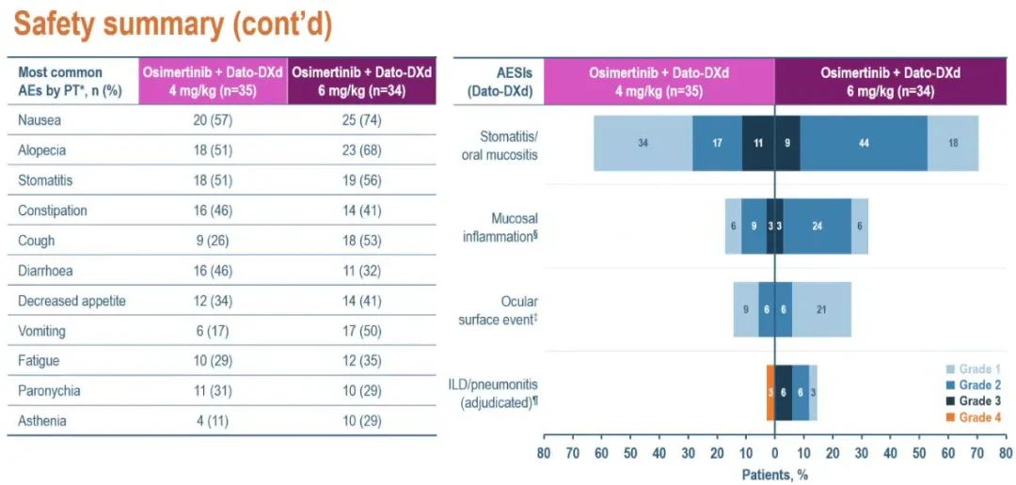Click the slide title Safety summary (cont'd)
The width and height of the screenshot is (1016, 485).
pyautogui.click(x=172, y=25)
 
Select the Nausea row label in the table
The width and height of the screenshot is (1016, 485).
pyautogui.click(x=40, y=119)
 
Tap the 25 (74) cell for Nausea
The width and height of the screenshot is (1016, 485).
pyautogui.click(x=362, y=119)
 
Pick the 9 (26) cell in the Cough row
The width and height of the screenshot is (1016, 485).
pyautogui.click(x=214, y=241)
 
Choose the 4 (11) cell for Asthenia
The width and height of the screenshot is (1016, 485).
pyautogui.click(x=214, y=421)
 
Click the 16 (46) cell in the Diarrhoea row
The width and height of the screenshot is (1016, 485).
pyautogui.click(x=214, y=271)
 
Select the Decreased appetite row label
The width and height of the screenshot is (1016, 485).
pyautogui.click(x=71, y=301)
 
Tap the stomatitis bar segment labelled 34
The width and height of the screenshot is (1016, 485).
pyautogui.click(x=643, y=144)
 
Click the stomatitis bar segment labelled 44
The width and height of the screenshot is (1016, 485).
pyautogui.click(x=864, y=144)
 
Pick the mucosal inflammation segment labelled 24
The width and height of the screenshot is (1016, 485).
pyautogui.click(x=817, y=227)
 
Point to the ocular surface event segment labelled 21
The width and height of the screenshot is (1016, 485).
pyautogui.click(x=821, y=309)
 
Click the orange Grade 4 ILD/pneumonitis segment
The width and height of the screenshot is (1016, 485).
pyautogui.click(x=770, y=392)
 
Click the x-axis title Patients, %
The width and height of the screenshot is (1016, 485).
pyautogui.click(x=774, y=475)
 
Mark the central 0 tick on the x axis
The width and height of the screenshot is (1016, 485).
pyautogui.click(x=775, y=452)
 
